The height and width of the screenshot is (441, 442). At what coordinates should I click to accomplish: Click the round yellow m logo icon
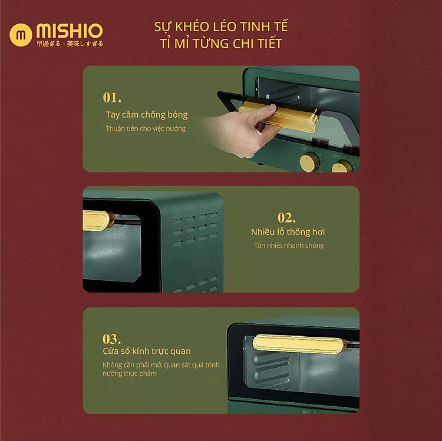[x=21, y=35]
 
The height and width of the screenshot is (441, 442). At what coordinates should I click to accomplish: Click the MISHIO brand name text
[x=70, y=31]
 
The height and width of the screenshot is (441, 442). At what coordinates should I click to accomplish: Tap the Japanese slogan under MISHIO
[x=70, y=44]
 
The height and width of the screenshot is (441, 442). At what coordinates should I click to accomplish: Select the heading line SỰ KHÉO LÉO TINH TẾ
[x=221, y=26]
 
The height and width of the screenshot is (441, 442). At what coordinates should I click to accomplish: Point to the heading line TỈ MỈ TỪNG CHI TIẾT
[x=221, y=43]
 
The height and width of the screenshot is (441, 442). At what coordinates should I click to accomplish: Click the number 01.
[x=112, y=98]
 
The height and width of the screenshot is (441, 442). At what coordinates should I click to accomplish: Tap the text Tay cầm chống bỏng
[x=147, y=115]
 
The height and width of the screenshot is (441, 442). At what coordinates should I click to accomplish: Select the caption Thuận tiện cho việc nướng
[x=146, y=128]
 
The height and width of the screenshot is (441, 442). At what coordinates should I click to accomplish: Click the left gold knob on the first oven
[x=309, y=162]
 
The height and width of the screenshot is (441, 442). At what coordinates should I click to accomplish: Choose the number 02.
[x=286, y=217]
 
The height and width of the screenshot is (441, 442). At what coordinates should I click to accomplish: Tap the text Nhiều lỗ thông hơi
[x=288, y=232]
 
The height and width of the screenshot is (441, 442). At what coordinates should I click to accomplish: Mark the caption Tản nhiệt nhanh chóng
[x=289, y=246]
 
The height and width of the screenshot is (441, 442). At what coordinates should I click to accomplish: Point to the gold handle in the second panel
[x=97, y=220]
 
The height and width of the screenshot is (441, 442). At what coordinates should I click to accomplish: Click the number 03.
[x=111, y=339]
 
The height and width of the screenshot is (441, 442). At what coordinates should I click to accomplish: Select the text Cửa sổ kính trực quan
[x=147, y=351]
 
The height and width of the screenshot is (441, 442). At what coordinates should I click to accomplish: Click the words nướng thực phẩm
[x=130, y=374]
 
